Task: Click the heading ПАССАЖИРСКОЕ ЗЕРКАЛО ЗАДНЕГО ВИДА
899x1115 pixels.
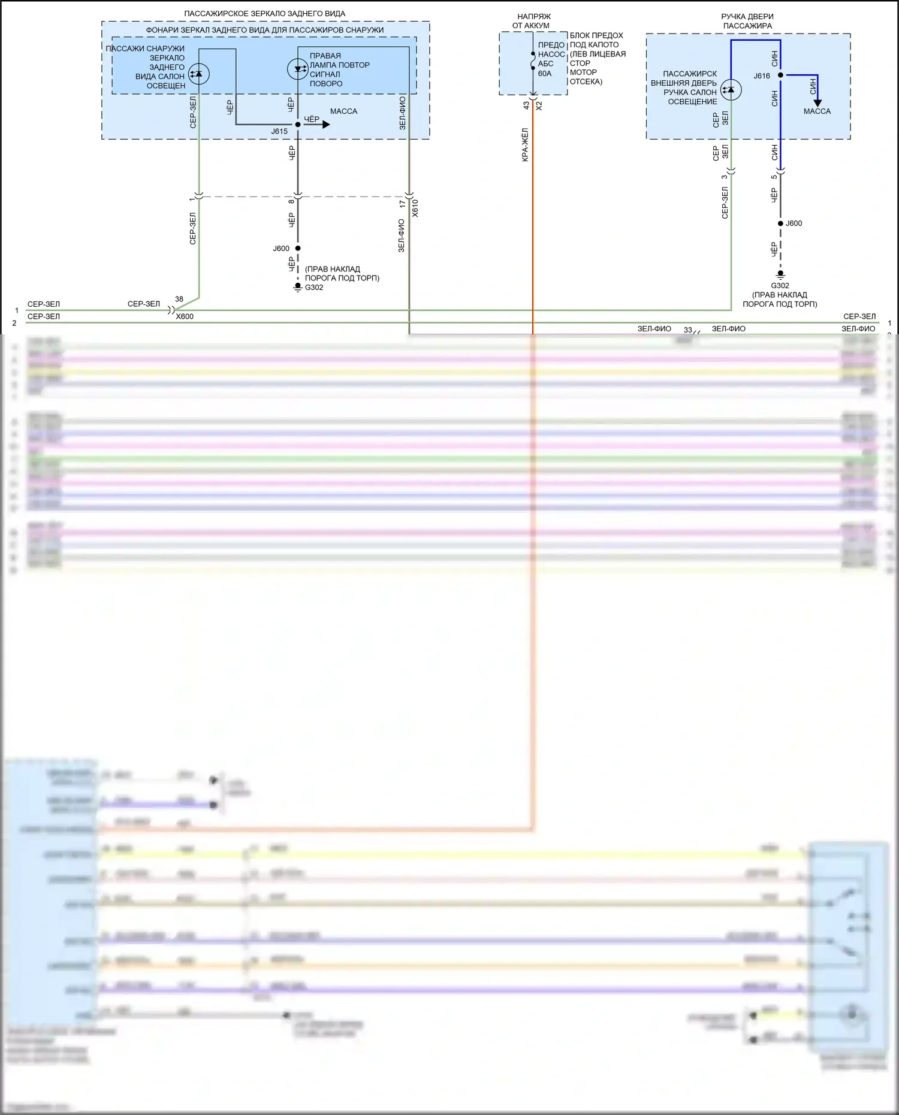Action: pos(264,13)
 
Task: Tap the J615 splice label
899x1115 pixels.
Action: pos(279,131)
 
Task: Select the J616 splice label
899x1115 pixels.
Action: pos(762,76)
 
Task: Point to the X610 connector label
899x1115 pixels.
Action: pos(415,208)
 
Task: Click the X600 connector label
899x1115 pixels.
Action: pos(185,316)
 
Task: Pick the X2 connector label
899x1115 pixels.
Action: pos(539,105)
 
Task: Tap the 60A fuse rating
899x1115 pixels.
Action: pos(545,74)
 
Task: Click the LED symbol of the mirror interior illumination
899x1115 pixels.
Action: pos(199,74)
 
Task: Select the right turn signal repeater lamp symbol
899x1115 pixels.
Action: pos(298,69)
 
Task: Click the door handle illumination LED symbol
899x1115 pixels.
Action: pos(731,90)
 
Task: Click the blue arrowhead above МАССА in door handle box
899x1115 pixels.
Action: pos(817,103)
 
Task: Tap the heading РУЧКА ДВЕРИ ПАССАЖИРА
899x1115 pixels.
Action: pos(747,21)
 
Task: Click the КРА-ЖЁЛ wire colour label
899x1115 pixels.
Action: pos(525,144)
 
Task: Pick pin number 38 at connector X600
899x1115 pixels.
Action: pos(179,299)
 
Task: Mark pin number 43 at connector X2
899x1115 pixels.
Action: pos(526,105)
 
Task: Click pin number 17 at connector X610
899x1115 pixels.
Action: pos(403,204)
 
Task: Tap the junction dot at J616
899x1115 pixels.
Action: pos(780,75)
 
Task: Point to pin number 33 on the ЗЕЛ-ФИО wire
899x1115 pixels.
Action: pos(688,330)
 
